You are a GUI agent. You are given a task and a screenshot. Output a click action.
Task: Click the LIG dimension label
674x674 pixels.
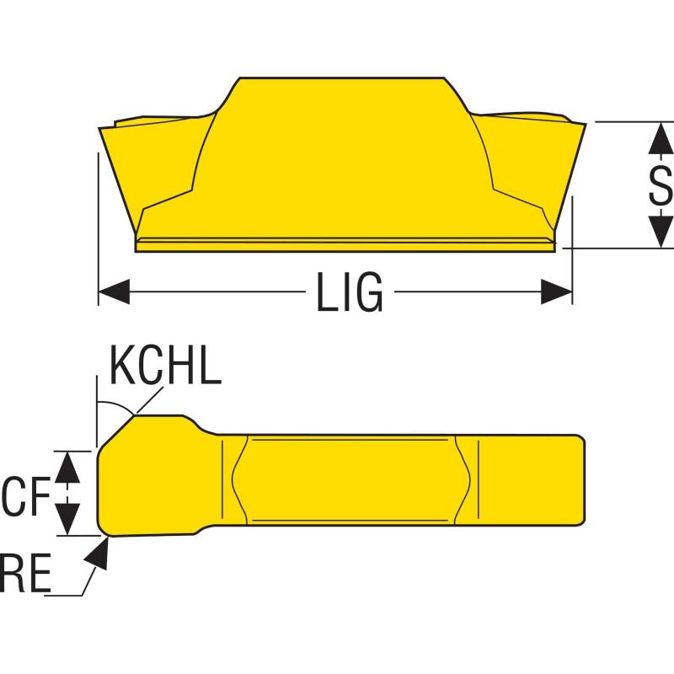click(350, 293)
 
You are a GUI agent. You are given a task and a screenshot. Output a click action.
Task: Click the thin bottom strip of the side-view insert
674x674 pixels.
click(345, 244)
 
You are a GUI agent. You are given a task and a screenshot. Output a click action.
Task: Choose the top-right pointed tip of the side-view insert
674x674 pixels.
click(582, 123)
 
